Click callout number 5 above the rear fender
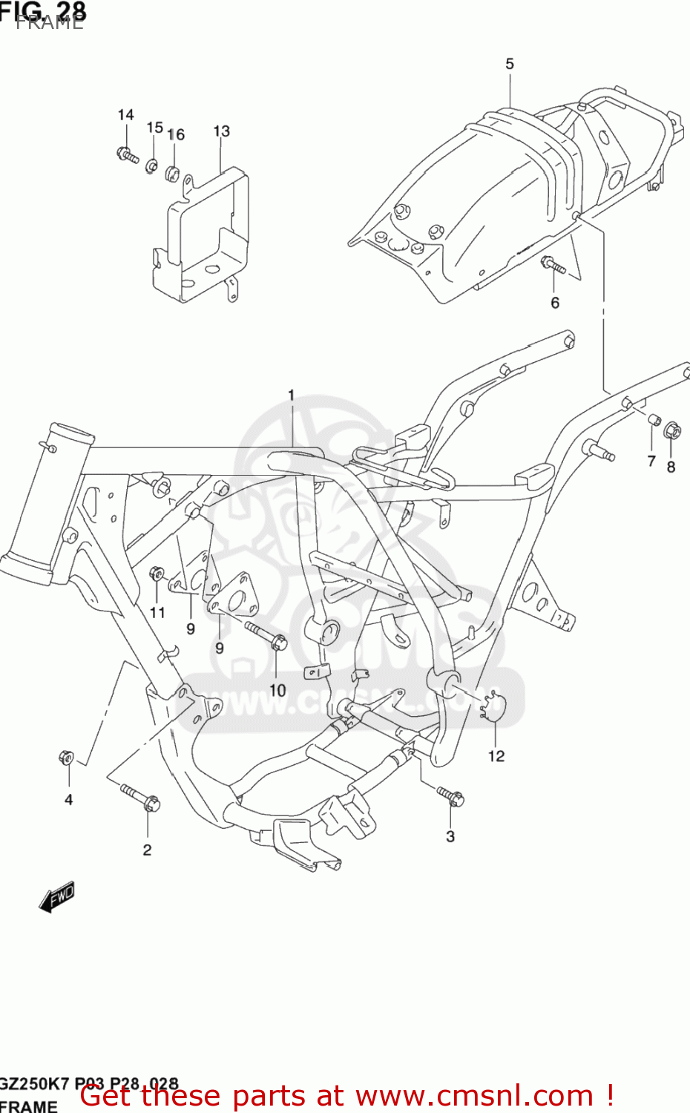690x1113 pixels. pos(510,65)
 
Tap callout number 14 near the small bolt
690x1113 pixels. pos(125,115)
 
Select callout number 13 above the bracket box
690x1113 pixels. pos(221,131)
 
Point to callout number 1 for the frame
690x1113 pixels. pos(292,395)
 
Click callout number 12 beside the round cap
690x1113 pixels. pos(496,756)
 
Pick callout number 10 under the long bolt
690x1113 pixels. pos(277,690)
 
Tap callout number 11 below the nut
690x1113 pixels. pos(157,612)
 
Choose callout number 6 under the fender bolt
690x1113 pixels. pos(555,303)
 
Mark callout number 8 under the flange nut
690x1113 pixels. pos(671,467)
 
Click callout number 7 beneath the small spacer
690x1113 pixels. pos(651,462)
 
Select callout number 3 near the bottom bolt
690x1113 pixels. pos(450,836)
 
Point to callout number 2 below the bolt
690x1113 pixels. pos(147,850)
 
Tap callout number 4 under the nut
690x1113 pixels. pos(68,800)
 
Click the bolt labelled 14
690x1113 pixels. pos(128,156)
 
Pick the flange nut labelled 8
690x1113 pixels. pos(671,430)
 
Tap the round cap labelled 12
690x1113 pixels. pos(492,704)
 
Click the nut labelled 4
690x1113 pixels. pos(65,758)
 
